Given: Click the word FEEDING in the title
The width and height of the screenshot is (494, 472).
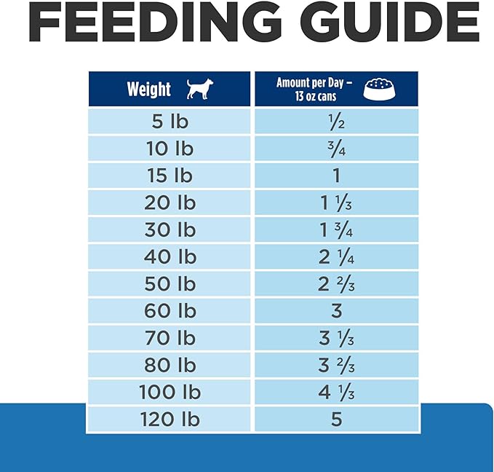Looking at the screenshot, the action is pyautogui.click(x=155, y=21).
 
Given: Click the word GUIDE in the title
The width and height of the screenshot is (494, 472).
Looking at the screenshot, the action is pyautogui.click(x=390, y=21).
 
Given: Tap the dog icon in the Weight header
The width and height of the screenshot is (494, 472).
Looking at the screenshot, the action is pyautogui.click(x=200, y=89).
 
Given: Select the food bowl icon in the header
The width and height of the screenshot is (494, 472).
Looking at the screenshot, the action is pyautogui.click(x=379, y=89).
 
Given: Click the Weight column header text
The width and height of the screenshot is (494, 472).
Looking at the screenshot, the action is pyautogui.click(x=149, y=89).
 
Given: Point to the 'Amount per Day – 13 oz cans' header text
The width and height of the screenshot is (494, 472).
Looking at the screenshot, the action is pyautogui.click(x=314, y=90).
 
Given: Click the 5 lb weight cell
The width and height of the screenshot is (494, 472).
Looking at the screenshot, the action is pyautogui.click(x=170, y=122).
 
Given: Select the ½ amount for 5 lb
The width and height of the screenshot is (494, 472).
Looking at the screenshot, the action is pyautogui.click(x=336, y=122).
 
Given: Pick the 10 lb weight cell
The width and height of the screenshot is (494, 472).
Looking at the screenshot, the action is pyautogui.click(x=170, y=149).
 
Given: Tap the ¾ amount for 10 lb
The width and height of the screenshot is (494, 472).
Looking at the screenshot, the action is pyautogui.click(x=336, y=149).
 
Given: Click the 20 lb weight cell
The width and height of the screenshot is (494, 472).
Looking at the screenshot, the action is pyautogui.click(x=170, y=202).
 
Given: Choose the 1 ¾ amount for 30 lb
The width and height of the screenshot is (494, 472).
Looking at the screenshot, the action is pyautogui.click(x=336, y=229).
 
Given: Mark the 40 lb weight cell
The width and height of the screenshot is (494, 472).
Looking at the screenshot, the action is pyautogui.click(x=170, y=257).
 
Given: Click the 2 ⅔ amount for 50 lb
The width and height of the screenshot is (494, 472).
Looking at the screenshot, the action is pyautogui.click(x=336, y=284).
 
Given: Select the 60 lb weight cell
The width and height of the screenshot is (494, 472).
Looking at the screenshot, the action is pyautogui.click(x=170, y=311).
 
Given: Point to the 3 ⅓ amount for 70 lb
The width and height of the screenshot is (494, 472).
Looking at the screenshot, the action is pyautogui.click(x=336, y=338).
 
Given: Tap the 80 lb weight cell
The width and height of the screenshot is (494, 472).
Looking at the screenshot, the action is pyautogui.click(x=170, y=365).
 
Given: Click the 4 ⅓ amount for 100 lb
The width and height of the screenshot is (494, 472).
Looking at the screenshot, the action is pyautogui.click(x=336, y=392).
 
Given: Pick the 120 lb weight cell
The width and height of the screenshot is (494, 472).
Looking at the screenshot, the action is pyautogui.click(x=170, y=420).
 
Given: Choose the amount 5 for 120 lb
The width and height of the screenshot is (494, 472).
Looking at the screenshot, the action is pyautogui.click(x=336, y=420).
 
